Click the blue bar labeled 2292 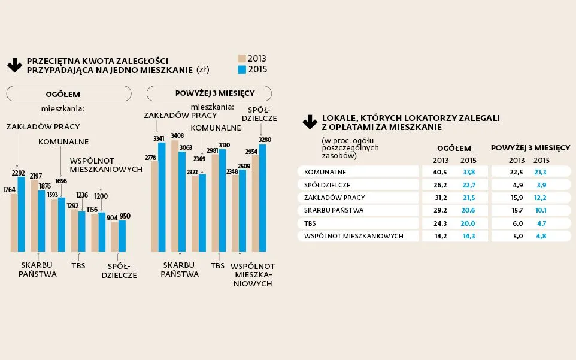tap(21, 214)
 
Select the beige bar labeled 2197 tap(34, 216)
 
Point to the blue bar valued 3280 tap(262, 198)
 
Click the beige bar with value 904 tap(115, 236)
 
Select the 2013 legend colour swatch tap(242, 59)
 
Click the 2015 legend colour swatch tap(242, 69)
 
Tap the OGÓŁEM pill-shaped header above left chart tap(69, 93)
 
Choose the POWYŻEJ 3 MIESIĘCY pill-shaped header tap(209, 93)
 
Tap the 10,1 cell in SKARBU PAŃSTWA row tap(541, 210)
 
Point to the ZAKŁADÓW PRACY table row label tap(334, 198)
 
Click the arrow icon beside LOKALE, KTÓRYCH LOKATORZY tap(310, 122)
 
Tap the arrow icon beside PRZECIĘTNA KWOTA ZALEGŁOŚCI tap(14, 65)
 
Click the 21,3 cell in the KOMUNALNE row tap(541, 172)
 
